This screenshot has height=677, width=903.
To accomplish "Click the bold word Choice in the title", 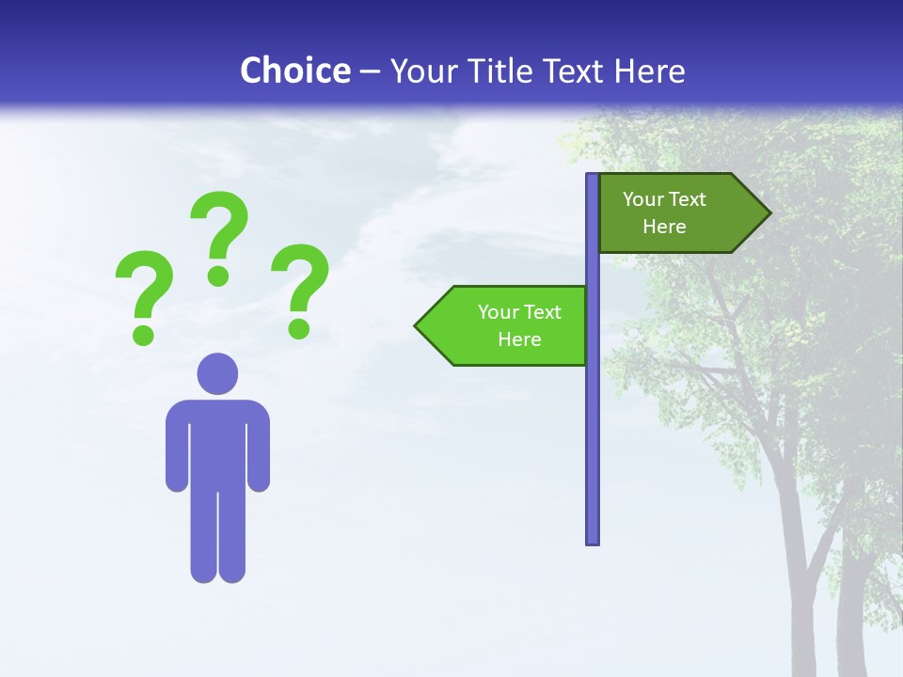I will click(x=294, y=71).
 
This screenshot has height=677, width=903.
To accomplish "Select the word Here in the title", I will click(x=649, y=71).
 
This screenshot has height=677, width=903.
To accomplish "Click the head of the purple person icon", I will click(x=217, y=374).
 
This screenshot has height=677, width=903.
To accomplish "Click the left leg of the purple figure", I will click(x=203, y=536).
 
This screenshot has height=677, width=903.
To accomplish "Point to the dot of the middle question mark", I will click(x=218, y=276).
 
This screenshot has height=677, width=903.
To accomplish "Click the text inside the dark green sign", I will click(x=664, y=213).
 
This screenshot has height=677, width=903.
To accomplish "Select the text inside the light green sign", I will click(x=519, y=325).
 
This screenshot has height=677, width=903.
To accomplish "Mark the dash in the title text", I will click(x=370, y=71).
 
